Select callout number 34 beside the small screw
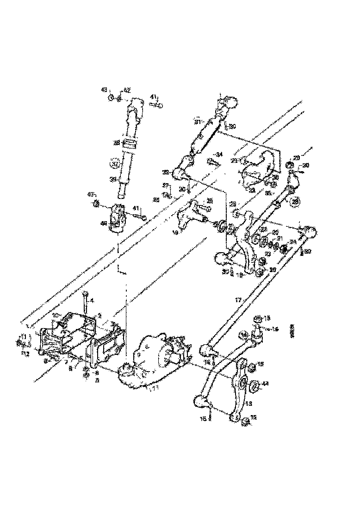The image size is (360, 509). [x=219, y=154]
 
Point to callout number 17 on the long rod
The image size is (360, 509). [x=238, y=300]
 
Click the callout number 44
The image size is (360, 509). [x=265, y=384]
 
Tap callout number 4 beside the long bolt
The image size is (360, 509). [x=92, y=300]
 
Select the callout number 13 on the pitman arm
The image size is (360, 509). [x=248, y=403]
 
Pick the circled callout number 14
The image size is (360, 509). [x=244, y=335]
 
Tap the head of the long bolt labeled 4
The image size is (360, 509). [x=86, y=293]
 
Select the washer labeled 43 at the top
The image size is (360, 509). [x=112, y=98]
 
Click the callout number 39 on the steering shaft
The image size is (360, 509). [x=113, y=179]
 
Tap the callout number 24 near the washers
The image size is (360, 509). [x=292, y=241]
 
